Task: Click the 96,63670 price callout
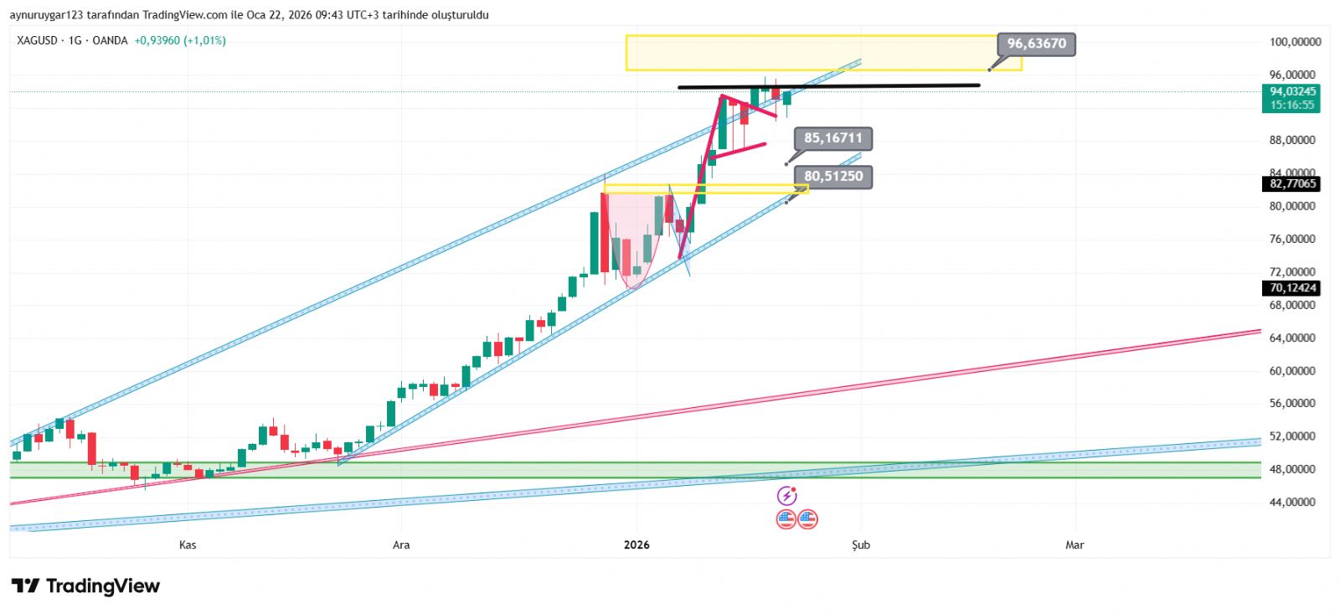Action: point(1036,44)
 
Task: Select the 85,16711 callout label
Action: point(832,138)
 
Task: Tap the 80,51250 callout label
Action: point(832,177)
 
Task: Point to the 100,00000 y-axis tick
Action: point(1295,42)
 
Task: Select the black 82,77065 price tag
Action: point(1292,183)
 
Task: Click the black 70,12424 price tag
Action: point(1292,288)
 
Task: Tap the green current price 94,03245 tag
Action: point(1292,92)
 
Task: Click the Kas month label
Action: point(188,545)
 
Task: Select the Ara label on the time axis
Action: point(401,545)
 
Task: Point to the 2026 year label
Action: point(636,545)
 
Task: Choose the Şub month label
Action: point(861,545)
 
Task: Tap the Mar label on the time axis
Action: point(1075,545)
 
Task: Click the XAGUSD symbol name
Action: point(37,40)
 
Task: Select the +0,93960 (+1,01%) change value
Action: point(179,40)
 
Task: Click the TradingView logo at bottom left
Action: point(85,586)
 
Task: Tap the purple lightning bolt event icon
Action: point(786,496)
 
